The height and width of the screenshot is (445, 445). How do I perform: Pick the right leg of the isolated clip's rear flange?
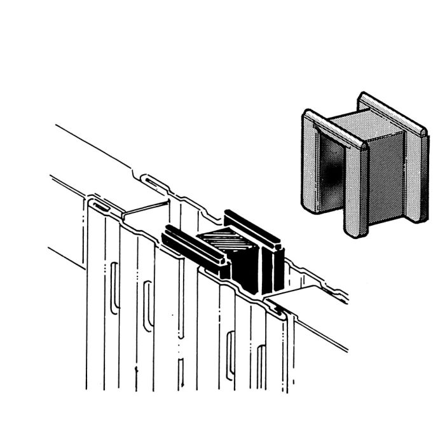(x=416, y=178)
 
